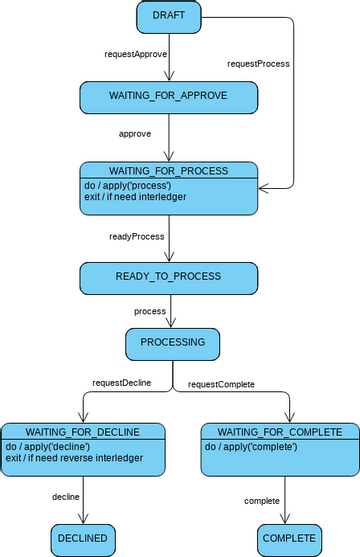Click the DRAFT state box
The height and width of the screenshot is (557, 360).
click(x=168, y=17)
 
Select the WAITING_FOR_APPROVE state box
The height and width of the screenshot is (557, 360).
click(x=168, y=95)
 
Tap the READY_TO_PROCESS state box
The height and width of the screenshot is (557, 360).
click(x=168, y=276)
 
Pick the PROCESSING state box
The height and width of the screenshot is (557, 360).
click(x=172, y=342)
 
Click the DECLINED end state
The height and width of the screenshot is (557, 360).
click(x=83, y=538)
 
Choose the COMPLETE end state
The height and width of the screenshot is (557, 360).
click(x=289, y=538)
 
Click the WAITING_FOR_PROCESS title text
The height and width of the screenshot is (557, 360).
click(x=168, y=170)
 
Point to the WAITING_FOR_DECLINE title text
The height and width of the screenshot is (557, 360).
click(x=83, y=431)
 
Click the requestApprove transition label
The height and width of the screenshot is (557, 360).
click(x=136, y=52)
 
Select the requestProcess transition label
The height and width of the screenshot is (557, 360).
click(x=258, y=63)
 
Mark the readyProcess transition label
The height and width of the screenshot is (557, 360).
click(x=137, y=236)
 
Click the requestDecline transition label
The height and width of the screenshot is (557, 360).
click(x=121, y=383)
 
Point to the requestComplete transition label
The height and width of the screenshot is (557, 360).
click(x=221, y=383)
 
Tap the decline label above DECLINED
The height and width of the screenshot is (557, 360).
click(x=66, y=495)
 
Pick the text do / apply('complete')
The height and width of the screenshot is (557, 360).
click(x=252, y=446)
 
